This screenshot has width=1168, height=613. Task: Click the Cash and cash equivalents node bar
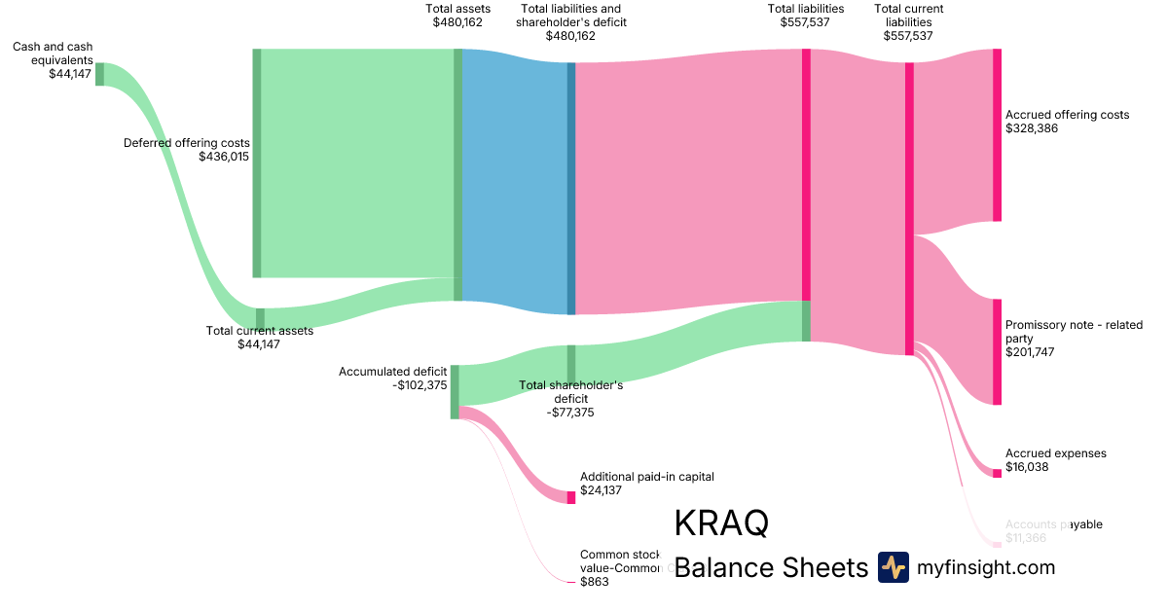click(99, 74)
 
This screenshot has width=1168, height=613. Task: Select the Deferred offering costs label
click(186, 143)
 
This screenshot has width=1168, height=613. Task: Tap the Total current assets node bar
click(260, 318)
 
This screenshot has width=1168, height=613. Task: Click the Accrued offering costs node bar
click(997, 135)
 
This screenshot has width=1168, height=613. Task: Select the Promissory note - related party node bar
click(997, 351)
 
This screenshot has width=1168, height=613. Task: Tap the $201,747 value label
click(1029, 352)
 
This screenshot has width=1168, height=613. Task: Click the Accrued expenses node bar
click(997, 473)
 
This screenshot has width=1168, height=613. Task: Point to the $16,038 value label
click(1027, 467)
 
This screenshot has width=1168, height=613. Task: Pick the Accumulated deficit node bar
click(455, 391)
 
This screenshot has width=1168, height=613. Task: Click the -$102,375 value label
click(419, 385)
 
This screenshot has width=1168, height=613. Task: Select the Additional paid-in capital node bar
click(571, 497)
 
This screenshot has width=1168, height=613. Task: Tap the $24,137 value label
click(601, 490)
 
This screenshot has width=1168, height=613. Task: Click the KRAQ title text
click(721, 523)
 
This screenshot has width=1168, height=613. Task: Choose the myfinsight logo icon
click(893, 567)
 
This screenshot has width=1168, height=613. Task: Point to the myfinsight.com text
click(986, 567)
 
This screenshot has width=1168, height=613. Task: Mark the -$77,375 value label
click(570, 413)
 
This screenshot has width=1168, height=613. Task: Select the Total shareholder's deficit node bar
click(571, 363)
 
